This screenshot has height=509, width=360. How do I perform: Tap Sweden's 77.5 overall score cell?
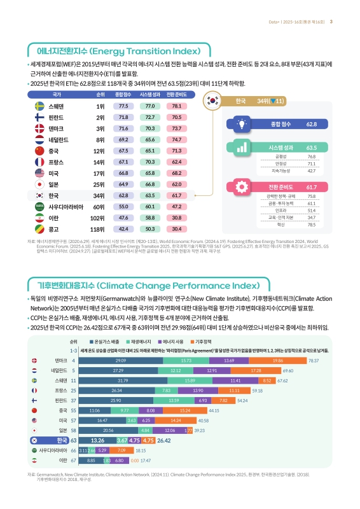click(x=123, y=106)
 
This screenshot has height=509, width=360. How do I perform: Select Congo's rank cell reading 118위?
click(x=97, y=228)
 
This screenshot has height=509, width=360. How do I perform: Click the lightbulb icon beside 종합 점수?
click(x=242, y=124)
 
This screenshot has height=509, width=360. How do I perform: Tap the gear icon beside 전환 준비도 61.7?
click(x=242, y=188)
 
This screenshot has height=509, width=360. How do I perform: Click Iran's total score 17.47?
click(x=145, y=459)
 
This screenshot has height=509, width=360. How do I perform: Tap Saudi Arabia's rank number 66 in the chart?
click(x=73, y=449)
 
